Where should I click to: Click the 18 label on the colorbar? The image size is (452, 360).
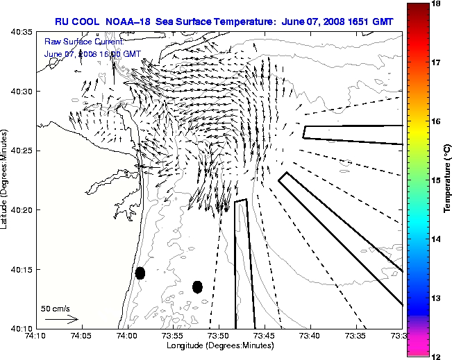[x=438, y=3]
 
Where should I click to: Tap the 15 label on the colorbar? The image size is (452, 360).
[x=438, y=180]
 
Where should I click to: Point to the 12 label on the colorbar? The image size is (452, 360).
[x=438, y=356]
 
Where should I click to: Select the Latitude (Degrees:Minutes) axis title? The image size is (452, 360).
[x=6, y=180]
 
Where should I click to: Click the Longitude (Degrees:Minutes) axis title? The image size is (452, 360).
[x=218, y=345]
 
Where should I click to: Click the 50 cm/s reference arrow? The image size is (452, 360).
[x=61, y=320]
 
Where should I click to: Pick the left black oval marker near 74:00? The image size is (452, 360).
[x=140, y=273]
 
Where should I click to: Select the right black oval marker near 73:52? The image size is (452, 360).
[x=197, y=286]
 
